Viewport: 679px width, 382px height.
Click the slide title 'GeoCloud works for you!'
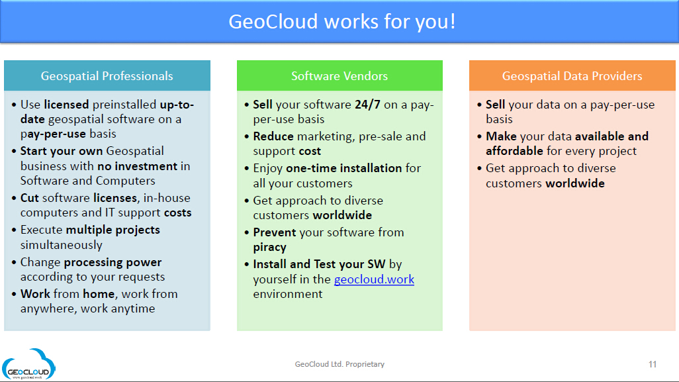341,22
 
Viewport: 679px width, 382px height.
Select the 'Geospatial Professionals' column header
107,75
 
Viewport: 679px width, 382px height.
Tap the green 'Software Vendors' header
339,75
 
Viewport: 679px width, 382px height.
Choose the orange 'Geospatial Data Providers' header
572,75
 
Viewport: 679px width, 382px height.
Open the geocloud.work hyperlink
374,279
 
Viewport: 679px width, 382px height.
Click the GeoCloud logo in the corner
28,364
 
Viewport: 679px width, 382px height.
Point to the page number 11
653,364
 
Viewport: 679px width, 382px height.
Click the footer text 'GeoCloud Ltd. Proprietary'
339,364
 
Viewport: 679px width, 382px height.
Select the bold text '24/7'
368,105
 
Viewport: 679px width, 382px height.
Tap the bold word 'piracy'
270,248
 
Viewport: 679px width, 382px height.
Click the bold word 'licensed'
66,105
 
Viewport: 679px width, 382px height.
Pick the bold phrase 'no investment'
137,166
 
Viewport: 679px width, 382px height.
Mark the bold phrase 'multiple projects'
113,230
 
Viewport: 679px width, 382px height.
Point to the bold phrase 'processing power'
113,262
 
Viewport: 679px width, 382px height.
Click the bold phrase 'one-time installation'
344,168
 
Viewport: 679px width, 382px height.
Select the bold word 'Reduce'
273,136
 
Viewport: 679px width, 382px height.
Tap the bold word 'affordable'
514,151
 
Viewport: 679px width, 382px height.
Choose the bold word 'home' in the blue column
99,294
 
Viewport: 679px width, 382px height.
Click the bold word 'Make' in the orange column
501,136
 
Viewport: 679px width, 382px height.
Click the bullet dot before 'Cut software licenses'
15,199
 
